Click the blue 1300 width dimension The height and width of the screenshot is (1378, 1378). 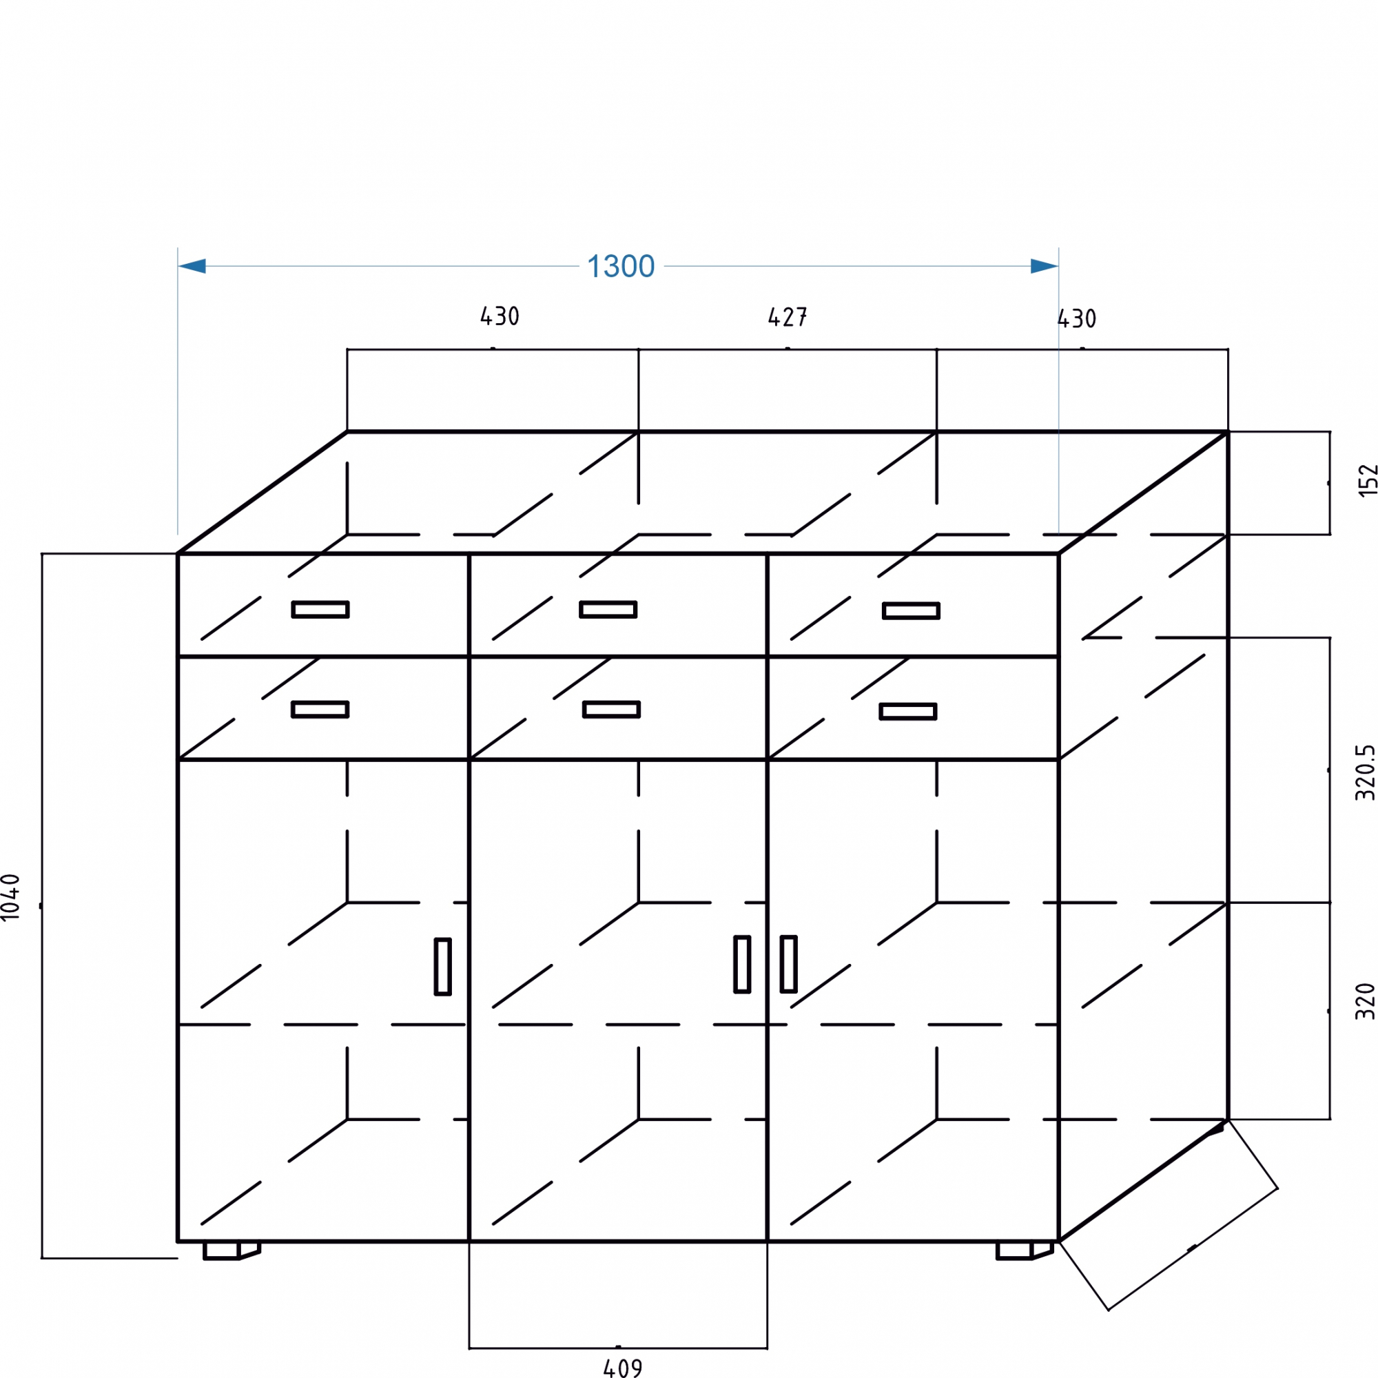pyautogui.click(x=620, y=267)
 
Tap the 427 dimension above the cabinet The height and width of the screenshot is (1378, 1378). pyautogui.click(x=787, y=318)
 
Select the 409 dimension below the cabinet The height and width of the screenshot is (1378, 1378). pyautogui.click(x=622, y=1367)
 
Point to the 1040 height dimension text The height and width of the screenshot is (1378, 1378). pyautogui.click(x=12, y=896)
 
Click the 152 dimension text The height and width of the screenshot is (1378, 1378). pyautogui.click(x=1367, y=481)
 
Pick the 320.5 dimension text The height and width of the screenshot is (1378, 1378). pyautogui.click(x=1364, y=772)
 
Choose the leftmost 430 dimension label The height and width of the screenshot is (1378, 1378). pyautogui.click(x=500, y=317)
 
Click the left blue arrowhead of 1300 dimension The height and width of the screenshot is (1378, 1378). pyautogui.click(x=193, y=267)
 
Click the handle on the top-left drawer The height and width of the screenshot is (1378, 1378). pyautogui.click(x=320, y=609)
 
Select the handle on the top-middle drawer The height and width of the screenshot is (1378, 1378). pyautogui.click(x=608, y=609)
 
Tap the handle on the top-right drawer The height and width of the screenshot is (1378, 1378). pyautogui.click(x=911, y=610)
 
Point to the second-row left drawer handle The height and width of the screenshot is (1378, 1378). pyautogui.click(x=320, y=709)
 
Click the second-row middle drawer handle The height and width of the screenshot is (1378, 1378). pyautogui.click(x=611, y=709)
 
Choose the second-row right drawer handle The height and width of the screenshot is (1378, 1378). pyautogui.click(x=908, y=711)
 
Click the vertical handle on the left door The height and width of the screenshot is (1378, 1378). pyautogui.click(x=443, y=967)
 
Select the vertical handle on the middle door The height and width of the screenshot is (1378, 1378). pyautogui.click(x=742, y=965)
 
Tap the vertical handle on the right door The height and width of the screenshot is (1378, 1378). pyautogui.click(x=788, y=965)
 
